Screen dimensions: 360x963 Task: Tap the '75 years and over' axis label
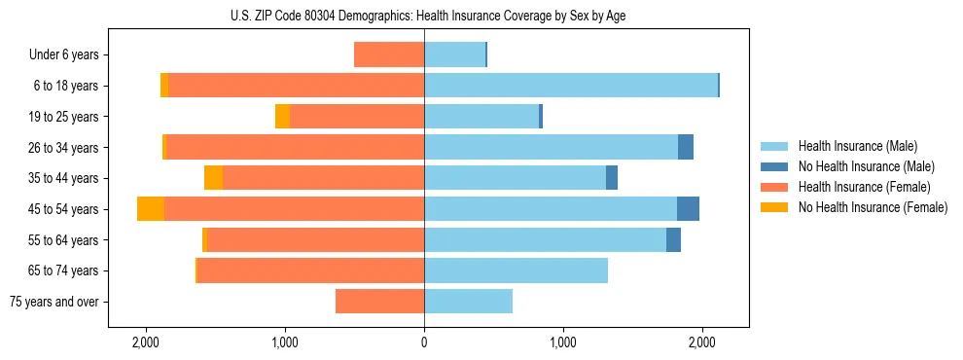pos(54,302)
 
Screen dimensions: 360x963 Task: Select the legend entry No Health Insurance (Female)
pos(873,207)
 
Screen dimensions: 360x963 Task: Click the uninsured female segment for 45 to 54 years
pos(151,209)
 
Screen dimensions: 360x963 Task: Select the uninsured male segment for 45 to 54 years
pos(688,209)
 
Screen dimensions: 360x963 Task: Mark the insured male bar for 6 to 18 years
pos(570,86)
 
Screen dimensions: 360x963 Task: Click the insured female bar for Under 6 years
pos(389,54)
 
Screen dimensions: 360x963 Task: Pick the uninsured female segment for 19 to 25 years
pos(282,117)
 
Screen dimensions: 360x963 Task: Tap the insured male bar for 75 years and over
pos(468,302)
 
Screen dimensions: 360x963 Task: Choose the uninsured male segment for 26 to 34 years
pos(686,147)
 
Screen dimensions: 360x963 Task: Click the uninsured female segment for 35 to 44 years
pos(213,178)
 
